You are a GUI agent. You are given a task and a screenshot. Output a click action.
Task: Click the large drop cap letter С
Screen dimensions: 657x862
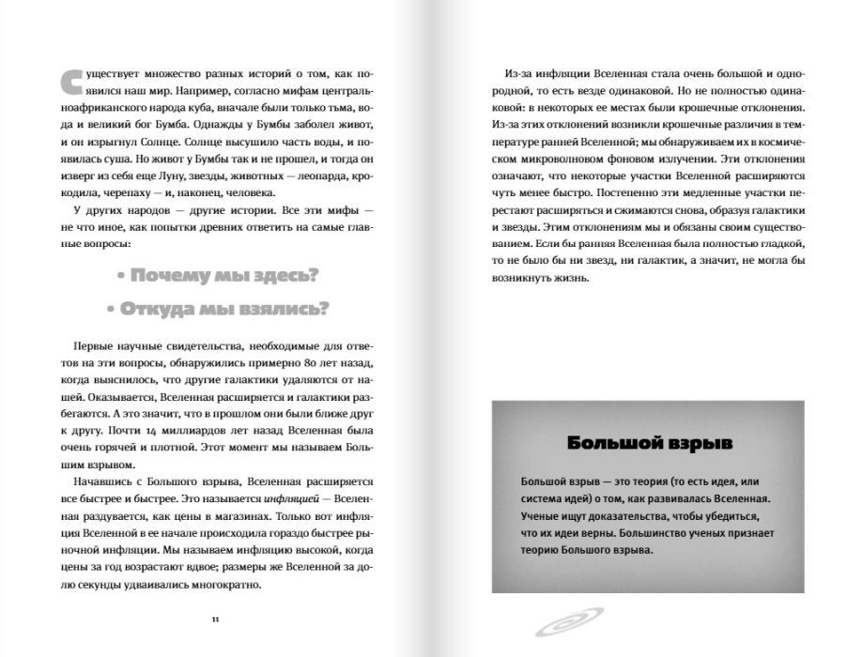69,85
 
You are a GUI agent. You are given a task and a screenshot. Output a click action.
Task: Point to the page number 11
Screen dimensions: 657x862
215,619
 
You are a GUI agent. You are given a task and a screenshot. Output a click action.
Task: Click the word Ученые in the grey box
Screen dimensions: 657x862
542,515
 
